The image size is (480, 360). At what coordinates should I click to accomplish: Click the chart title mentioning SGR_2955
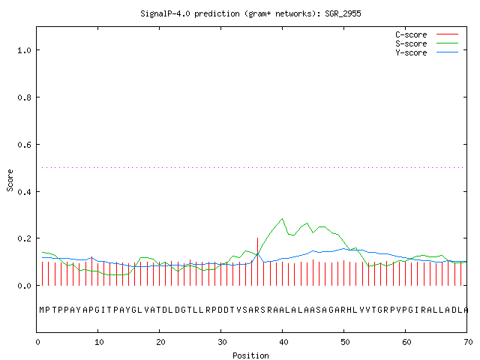point(250,13)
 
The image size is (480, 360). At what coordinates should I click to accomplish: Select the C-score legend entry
point(427,34)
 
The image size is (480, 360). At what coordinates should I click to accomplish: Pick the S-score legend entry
point(427,43)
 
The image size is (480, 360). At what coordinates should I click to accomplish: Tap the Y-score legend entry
point(427,52)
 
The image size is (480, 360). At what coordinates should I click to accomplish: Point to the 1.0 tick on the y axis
point(24,50)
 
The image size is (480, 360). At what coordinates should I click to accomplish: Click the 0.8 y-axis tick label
point(24,97)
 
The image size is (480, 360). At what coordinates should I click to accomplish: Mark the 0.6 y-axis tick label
point(24,145)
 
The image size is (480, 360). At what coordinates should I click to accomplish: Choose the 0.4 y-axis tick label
point(24,192)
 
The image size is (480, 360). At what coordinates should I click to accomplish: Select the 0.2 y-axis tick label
point(24,238)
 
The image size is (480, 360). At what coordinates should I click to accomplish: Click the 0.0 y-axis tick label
point(24,286)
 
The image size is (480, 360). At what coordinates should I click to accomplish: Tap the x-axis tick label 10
point(99,342)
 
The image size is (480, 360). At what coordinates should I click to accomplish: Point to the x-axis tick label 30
point(222,342)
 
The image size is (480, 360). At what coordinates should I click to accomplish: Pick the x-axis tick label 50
point(345,342)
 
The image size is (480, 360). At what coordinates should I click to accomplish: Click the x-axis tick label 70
point(468,342)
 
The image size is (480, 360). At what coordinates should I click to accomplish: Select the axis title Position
point(250,355)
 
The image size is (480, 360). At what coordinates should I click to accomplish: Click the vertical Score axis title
point(10,180)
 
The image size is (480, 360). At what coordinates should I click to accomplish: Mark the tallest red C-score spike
point(257,262)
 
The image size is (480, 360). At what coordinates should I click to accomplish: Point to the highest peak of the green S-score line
point(282,218)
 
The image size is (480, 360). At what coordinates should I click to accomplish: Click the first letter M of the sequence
point(42,310)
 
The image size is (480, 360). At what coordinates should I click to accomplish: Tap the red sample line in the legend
point(447,34)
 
